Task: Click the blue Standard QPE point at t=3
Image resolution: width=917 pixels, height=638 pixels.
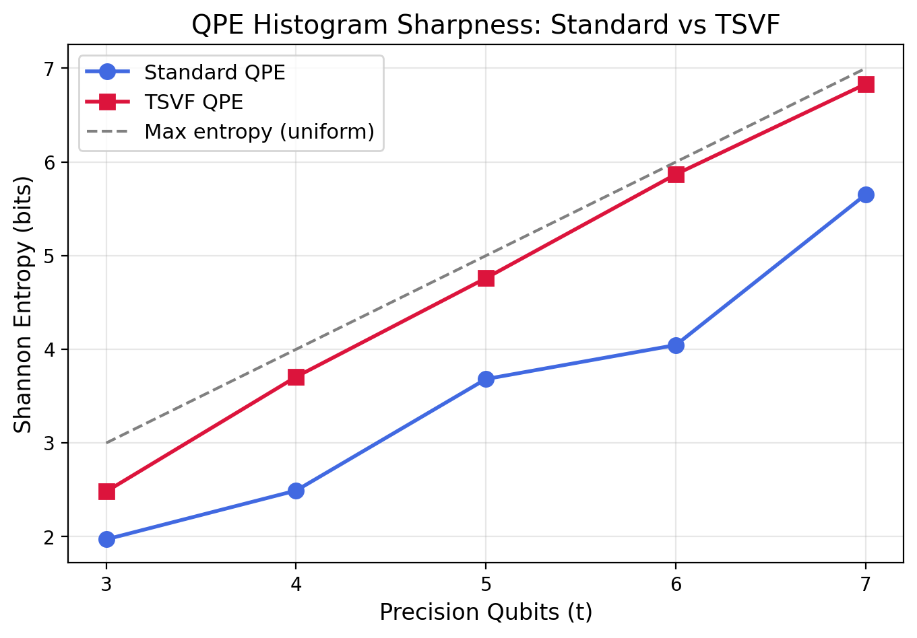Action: coord(106,539)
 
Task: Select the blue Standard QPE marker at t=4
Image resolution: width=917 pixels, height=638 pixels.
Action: coord(296,491)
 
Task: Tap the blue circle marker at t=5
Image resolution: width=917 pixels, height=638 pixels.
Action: coord(486,379)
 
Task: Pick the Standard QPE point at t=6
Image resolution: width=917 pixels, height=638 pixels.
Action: coord(676,345)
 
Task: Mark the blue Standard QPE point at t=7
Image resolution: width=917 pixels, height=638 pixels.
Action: coord(866,194)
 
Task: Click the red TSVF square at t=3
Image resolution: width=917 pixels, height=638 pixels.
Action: coord(106,491)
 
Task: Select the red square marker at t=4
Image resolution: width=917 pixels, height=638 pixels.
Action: coord(296,377)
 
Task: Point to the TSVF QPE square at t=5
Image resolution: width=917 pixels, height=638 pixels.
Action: coord(486,278)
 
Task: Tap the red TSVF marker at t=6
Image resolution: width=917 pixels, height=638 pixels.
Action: coord(676,174)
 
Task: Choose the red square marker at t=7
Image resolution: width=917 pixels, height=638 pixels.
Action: coord(866,84)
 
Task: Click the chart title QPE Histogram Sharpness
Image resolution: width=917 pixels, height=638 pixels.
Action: coord(485,25)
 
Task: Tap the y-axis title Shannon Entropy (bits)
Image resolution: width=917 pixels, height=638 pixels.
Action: coord(24,305)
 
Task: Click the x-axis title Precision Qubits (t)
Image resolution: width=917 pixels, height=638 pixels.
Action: coord(485,612)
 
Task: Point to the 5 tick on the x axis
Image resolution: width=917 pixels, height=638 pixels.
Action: coord(486,583)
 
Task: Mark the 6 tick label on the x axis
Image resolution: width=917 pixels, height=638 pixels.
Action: coord(676,583)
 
